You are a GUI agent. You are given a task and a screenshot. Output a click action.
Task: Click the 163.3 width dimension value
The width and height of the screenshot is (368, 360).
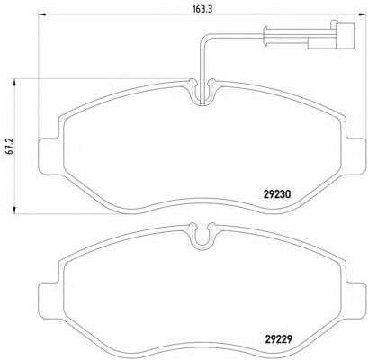[202, 9]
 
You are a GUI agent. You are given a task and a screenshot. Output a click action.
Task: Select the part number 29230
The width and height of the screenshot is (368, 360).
[277, 194]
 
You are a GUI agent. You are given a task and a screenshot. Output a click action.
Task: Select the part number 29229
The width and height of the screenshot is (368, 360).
[278, 339]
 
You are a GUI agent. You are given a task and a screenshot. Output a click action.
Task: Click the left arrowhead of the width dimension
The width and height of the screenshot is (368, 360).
[43, 14]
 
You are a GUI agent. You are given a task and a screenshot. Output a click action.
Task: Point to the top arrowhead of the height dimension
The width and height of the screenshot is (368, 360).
[14, 83]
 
